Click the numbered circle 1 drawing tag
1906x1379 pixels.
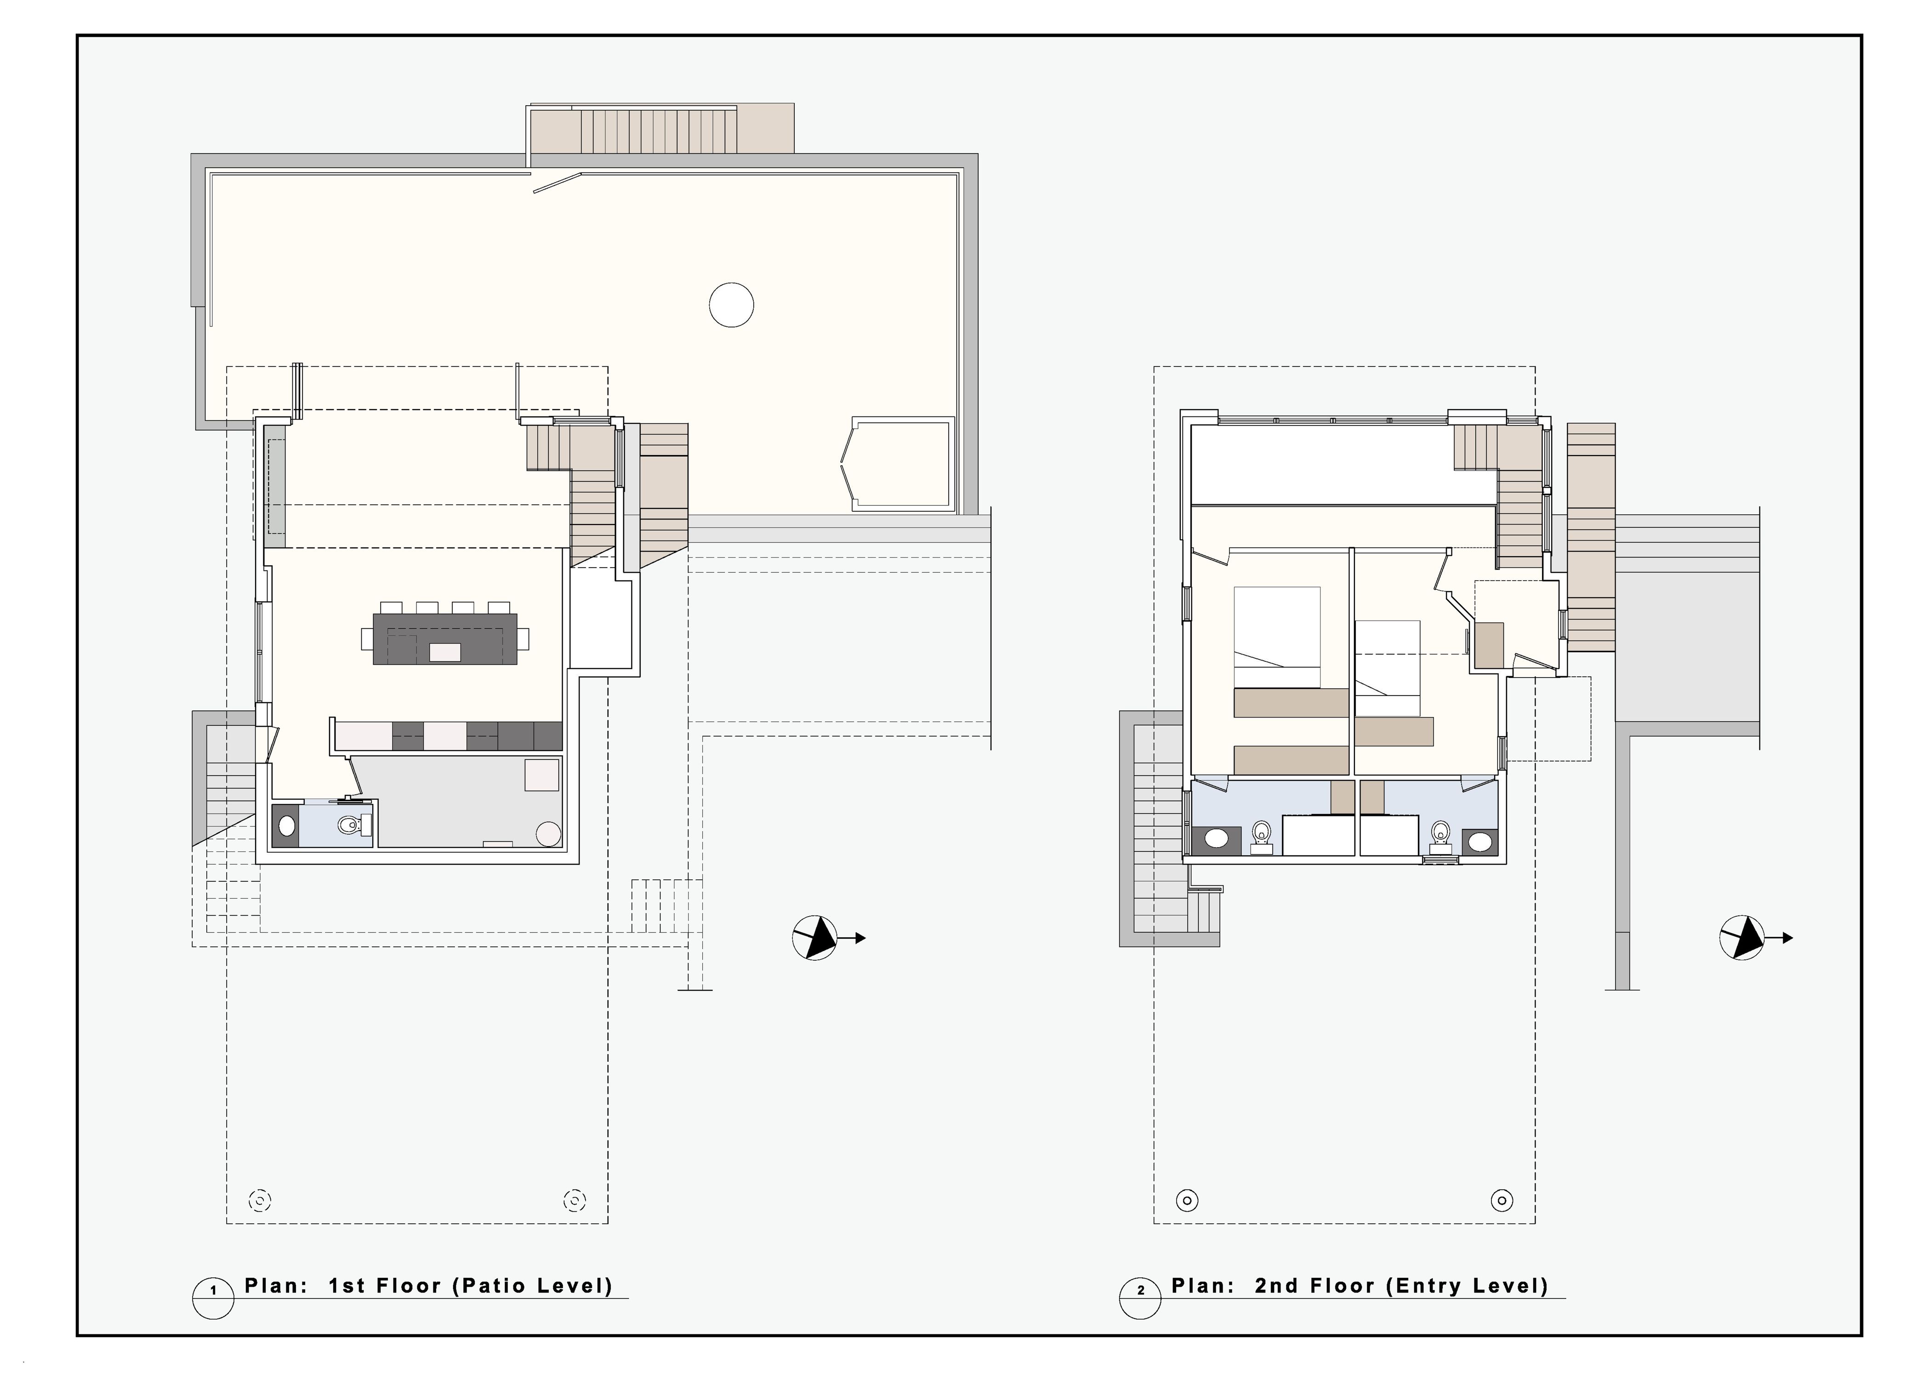click(x=213, y=1298)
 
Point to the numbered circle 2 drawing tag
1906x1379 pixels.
click(x=1140, y=1298)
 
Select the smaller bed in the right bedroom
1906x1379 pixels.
click(x=1388, y=658)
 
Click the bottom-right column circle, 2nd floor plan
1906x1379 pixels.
click(x=1502, y=1200)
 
